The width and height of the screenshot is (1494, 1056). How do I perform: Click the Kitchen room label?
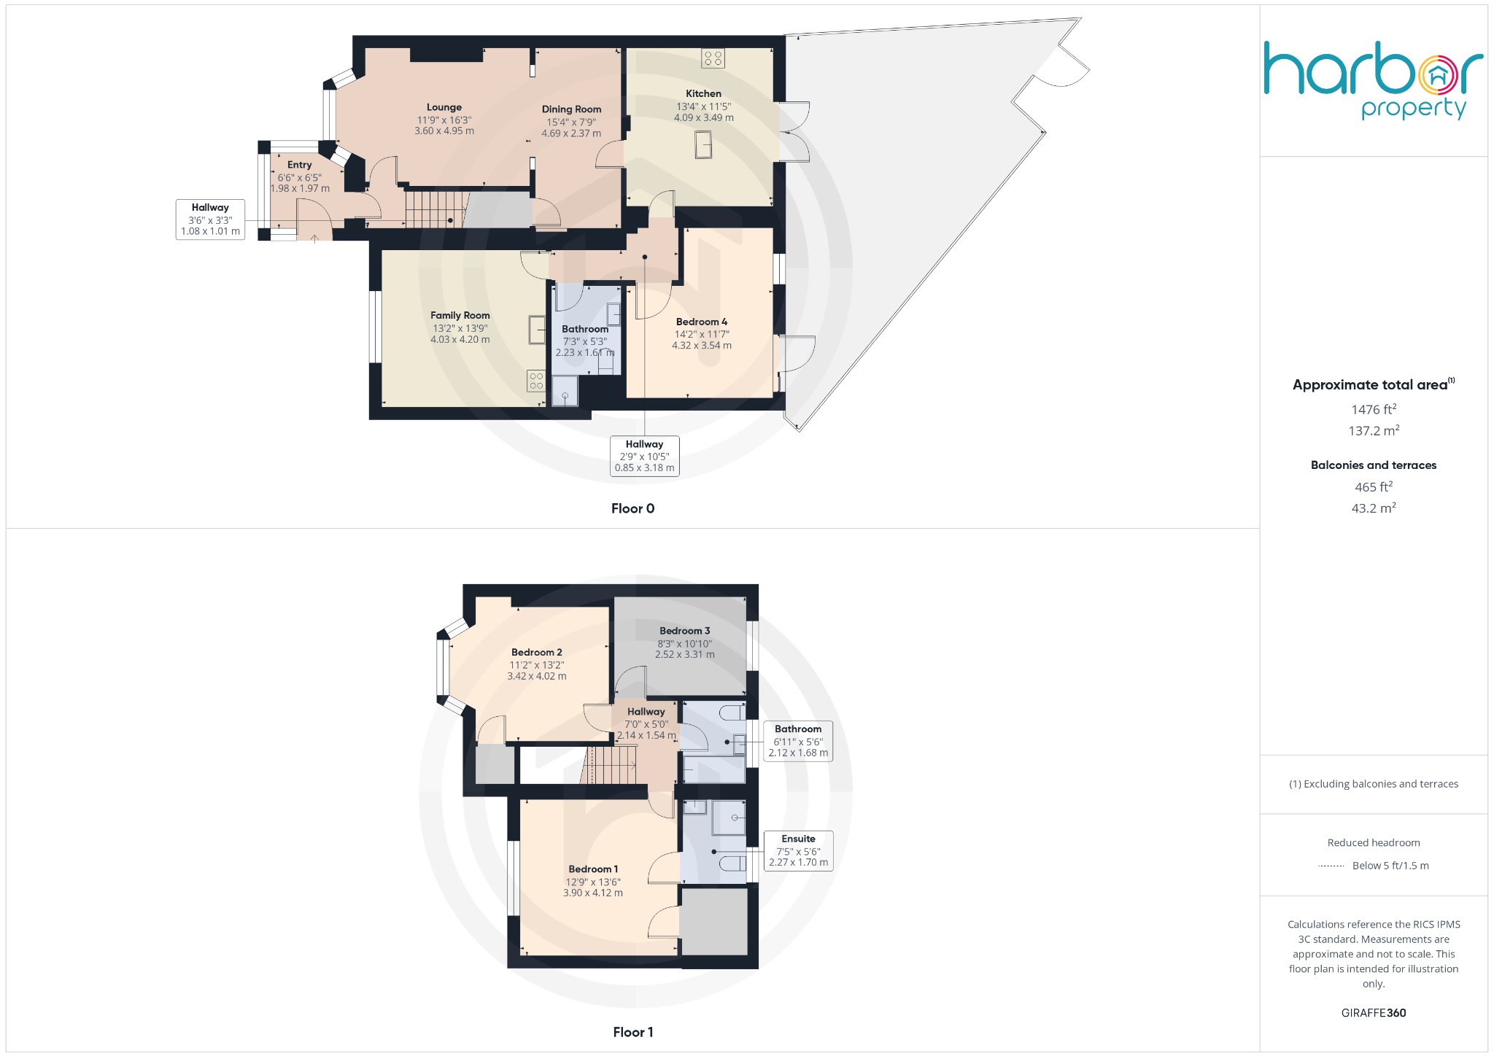click(703, 94)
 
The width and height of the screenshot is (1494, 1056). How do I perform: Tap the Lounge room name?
click(444, 107)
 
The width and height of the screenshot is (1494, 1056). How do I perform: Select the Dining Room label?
click(571, 109)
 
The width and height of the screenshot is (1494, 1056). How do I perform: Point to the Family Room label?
click(460, 316)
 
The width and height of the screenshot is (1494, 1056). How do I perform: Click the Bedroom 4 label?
click(701, 322)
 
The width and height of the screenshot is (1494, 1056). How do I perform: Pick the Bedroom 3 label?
click(684, 631)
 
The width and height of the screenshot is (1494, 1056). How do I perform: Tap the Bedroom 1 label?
click(593, 869)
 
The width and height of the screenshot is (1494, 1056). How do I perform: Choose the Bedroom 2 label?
click(536, 653)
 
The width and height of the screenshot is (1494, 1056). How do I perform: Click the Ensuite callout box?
click(798, 850)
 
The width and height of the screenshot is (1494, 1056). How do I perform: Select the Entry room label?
click(299, 166)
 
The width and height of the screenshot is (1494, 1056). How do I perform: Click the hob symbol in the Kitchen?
click(713, 58)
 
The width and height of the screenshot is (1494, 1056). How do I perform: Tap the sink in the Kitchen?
click(703, 144)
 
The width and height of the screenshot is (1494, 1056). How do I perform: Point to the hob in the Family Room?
click(536, 381)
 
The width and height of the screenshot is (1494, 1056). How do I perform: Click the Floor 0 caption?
click(632, 509)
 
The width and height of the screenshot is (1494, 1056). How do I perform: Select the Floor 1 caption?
click(632, 1032)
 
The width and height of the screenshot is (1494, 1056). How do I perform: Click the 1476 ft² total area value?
click(1373, 410)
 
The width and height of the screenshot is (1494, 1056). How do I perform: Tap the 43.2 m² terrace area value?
click(1373, 508)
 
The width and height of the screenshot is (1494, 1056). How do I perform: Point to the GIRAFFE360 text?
click(1373, 1013)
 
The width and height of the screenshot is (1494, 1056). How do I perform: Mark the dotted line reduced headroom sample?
click(1331, 866)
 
